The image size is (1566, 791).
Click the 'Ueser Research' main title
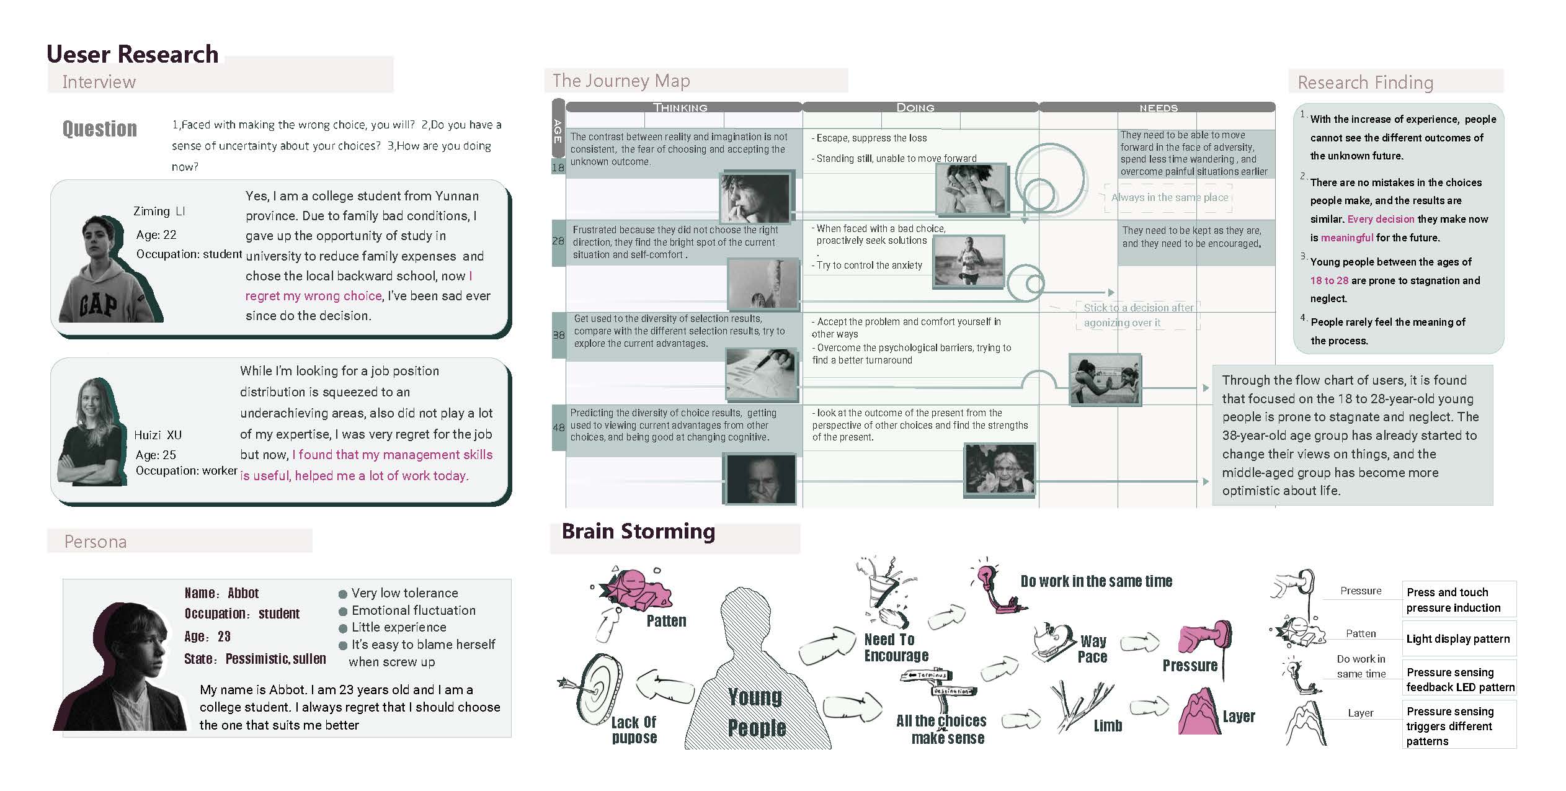(x=133, y=54)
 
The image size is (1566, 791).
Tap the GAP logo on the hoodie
(x=99, y=305)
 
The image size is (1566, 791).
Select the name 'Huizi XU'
(x=158, y=435)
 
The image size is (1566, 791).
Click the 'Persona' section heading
(x=96, y=542)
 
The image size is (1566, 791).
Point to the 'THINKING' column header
(x=680, y=107)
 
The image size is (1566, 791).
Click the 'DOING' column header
(x=915, y=107)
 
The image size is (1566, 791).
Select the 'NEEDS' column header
(x=1158, y=108)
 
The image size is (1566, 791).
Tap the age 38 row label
(x=558, y=335)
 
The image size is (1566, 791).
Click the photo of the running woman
(x=968, y=262)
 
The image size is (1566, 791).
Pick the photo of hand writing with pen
(x=762, y=375)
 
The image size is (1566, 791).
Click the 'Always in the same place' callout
(x=1169, y=197)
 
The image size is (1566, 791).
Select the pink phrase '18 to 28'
(x=1329, y=280)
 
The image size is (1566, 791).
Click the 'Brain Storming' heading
(x=638, y=532)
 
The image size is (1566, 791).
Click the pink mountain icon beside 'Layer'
(x=1199, y=712)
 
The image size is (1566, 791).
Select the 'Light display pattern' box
(x=1459, y=639)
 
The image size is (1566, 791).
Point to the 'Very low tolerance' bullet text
(x=404, y=593)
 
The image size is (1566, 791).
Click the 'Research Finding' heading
(x=1365, y=83)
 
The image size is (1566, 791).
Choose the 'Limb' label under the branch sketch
(x=1108, y=726)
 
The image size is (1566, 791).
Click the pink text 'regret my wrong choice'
(x=313, y=296)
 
